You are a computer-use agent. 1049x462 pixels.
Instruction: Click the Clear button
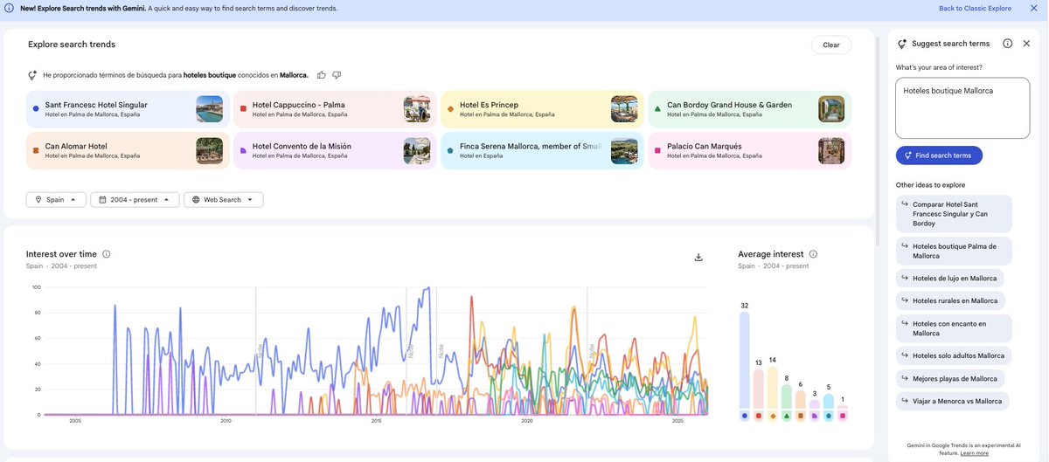(830, 45)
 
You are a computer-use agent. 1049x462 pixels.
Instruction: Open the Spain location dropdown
(56, 200)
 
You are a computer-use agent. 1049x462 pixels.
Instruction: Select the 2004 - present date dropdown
(135, 200)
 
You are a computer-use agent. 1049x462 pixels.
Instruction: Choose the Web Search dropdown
(223, 200)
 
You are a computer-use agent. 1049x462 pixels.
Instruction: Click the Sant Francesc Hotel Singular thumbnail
(209, 109)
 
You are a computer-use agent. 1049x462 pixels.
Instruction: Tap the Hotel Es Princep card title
(489, 105)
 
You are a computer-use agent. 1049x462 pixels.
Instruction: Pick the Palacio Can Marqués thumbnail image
(831, 150)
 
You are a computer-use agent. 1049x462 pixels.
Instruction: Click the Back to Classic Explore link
(975, 9)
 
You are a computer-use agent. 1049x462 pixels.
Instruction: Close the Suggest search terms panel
(1026, 44)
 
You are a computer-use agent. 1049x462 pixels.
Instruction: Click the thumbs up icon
(322, 75)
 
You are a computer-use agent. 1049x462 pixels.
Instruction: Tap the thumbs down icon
(337, 75)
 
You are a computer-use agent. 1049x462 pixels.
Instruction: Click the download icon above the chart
(698, 257)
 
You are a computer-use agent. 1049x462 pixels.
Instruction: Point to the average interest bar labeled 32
(744, 360)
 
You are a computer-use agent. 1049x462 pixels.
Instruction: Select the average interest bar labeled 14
(772, 388)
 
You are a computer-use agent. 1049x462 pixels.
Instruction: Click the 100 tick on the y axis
(37, 287)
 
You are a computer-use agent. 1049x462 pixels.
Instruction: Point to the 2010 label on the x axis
(226, 421)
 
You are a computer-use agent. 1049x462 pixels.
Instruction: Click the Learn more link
(975, 453)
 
